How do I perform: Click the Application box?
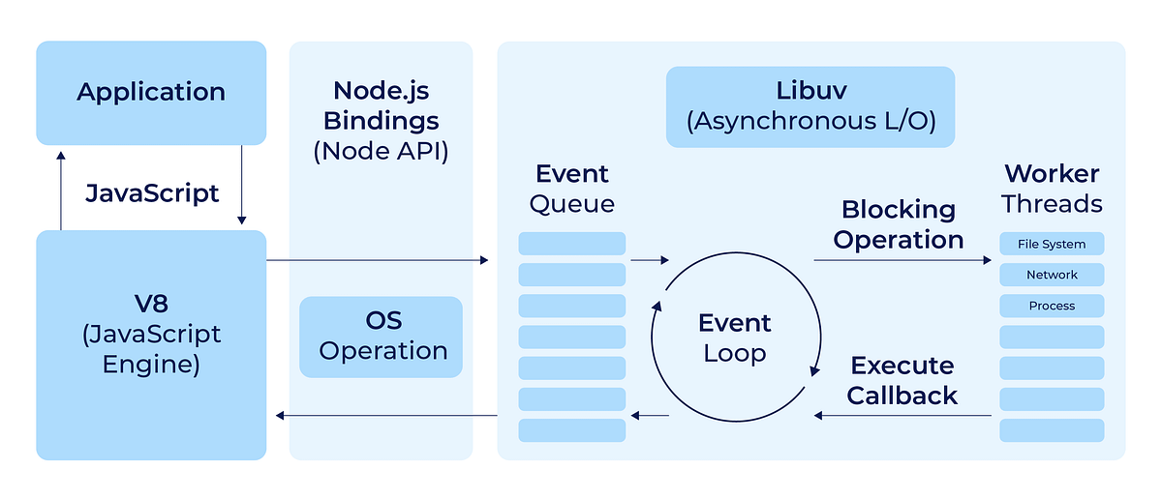[x=151, y=93]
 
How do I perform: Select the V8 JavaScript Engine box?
[x=151, y=345]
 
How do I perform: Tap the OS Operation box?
[x=381, y=337]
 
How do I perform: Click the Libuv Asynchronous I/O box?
[x=810, y=106]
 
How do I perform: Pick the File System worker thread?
[x=1052, y=244]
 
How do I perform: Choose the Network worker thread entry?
[x=1052, y=275]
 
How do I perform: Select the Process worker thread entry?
[x=1052, y=306]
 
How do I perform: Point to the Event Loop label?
[x=735, y=338]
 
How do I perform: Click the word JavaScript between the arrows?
[x=152, y=193]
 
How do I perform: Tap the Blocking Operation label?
[x=899, y=224]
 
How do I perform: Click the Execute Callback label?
[x=902, y=380]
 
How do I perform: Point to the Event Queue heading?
[x=571, y=189]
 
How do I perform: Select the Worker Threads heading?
[x=1052, y=189]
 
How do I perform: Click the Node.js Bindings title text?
[x=382, y=105]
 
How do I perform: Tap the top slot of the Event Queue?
[x=571, y=244]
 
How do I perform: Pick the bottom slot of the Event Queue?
[x=571, y=430]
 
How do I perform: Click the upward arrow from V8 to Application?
[x=61, y=191]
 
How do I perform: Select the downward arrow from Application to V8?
[x=242, y=185]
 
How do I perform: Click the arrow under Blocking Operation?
[x=902, y=260]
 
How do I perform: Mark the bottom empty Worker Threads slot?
[x=1052, y=430]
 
